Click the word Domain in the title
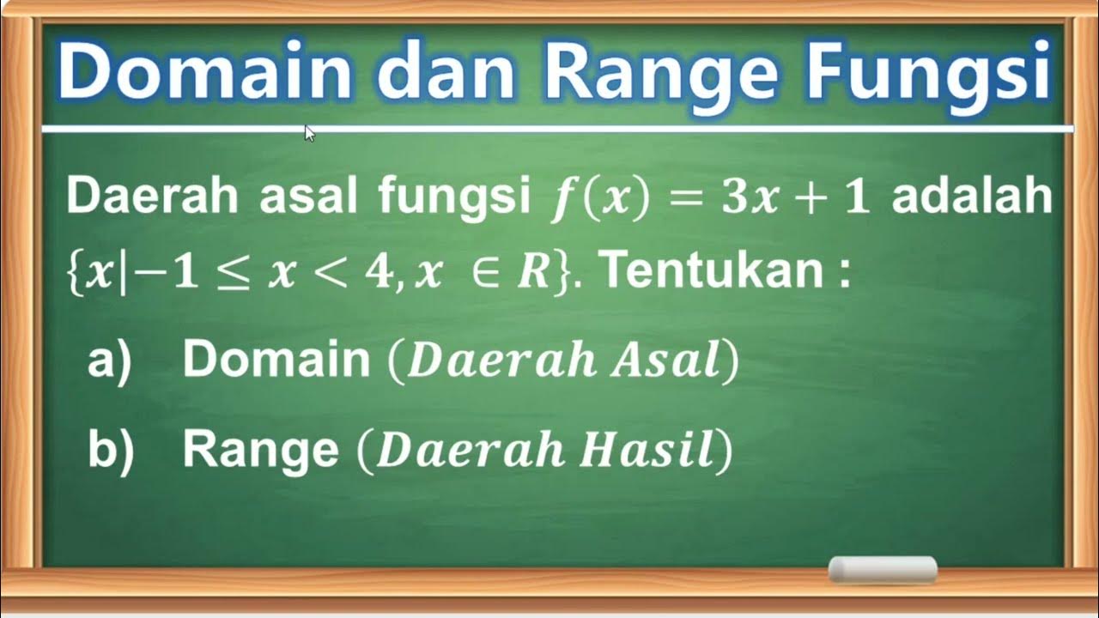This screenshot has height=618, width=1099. pyautogui.click(x=204, y=73)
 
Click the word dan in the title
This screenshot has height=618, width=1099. pyautogui.click(x=446, y=73)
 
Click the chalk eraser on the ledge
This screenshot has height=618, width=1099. pyautogui.click(x=882, y=570)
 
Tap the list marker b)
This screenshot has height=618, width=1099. pyautogui.click(x=111, y=451)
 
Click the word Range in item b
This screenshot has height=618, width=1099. pyautogui.click(x=260, y=451)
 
